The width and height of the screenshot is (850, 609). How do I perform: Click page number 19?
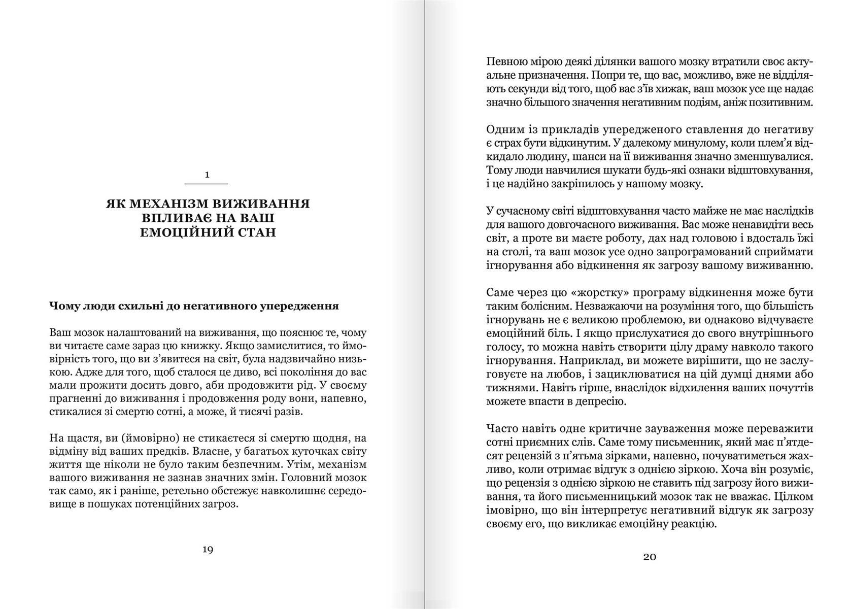[x=207, y=550]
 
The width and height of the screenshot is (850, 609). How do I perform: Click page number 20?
[x=650, y=557]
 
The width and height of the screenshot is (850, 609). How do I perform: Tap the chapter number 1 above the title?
[x=207, y=175]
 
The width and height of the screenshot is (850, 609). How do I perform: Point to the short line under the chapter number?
[x=207, y=183]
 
